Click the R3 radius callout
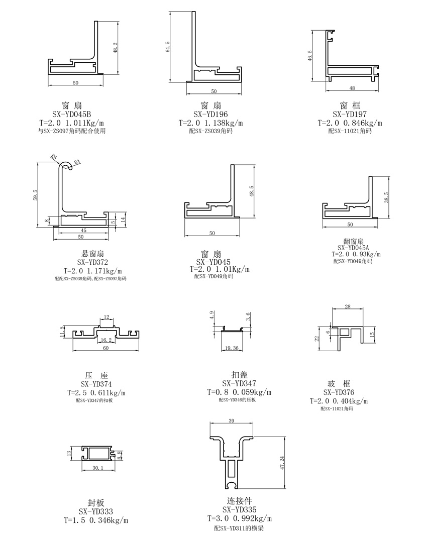[x=77, y=162]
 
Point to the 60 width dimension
[x=105, y=348]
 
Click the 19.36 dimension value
[x=232, y=347]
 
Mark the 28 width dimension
[x=348, y=306]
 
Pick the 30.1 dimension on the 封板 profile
[x=98, y=468]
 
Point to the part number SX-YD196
[x=210, y=114]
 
